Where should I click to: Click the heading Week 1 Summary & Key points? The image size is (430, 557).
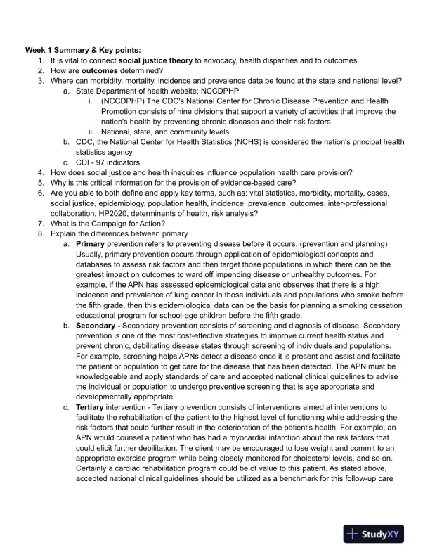pos(83,50)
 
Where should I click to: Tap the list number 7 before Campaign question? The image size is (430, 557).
pos(41,222)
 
